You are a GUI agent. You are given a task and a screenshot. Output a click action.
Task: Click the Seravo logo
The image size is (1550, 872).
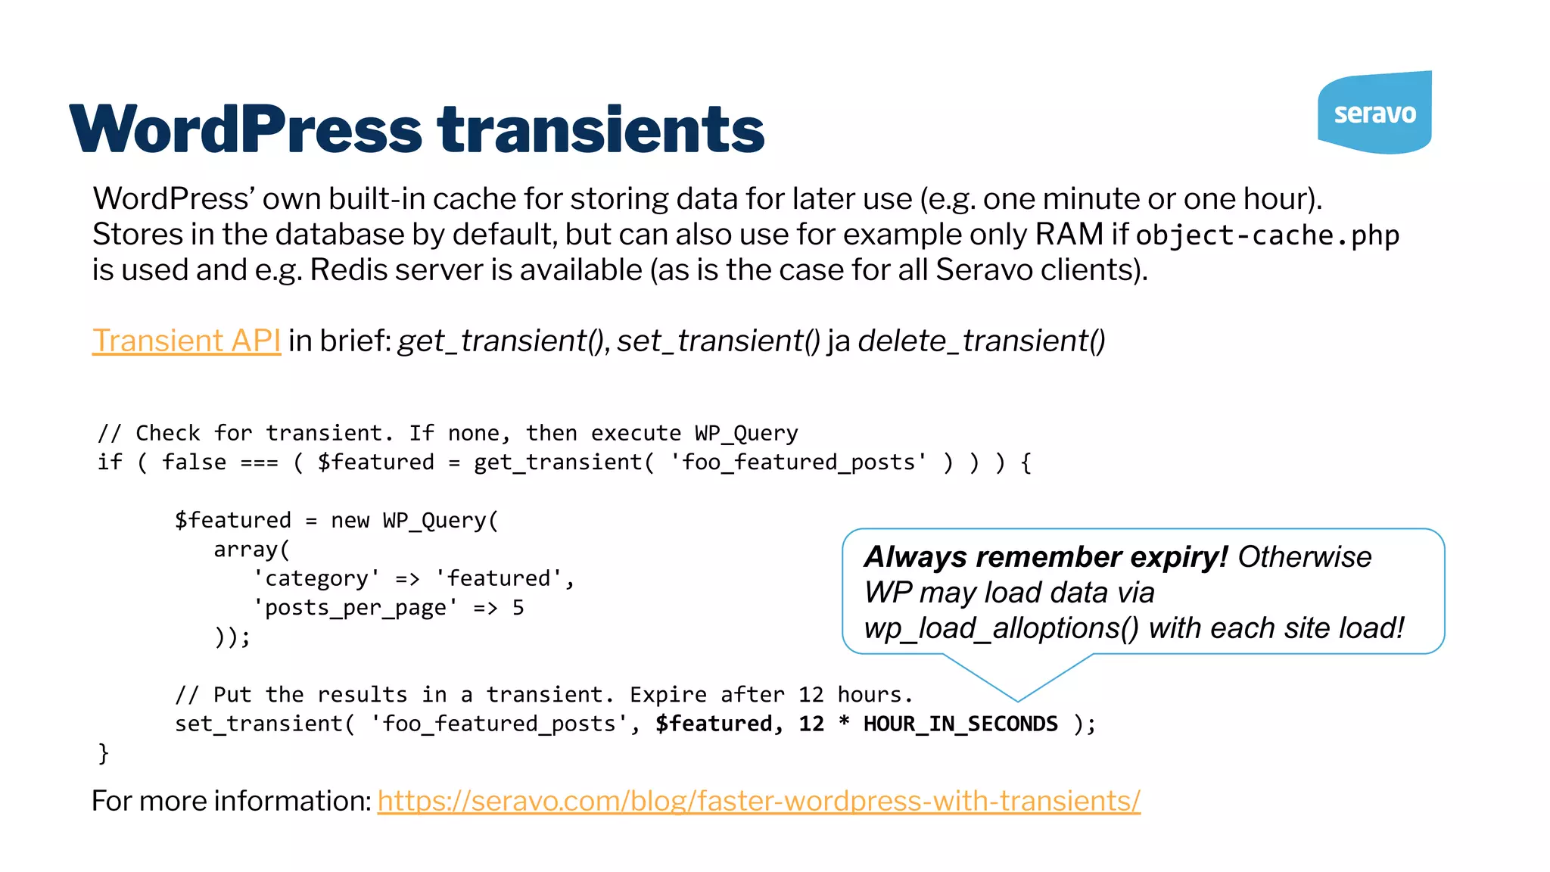[x=1374, y=113]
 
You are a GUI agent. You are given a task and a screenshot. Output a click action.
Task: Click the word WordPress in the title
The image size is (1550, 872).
[x=245, y=129]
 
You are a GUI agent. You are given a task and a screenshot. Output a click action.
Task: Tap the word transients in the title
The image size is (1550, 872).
[x=601, y=129]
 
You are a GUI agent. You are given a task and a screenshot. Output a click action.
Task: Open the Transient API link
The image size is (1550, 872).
[x=186, y=341]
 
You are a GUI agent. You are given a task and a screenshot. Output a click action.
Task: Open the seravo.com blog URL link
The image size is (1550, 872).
[x=758, y=801]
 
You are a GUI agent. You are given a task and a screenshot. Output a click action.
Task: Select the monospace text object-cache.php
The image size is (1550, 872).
[x=1267, y=235]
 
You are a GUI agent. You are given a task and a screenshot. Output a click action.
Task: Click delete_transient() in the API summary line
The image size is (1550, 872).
[x=981, y=341]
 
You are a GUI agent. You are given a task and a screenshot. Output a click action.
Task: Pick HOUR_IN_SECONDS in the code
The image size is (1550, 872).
[x=960, y=724]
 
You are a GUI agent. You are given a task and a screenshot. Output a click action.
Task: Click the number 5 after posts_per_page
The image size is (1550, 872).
[x=518, y=608]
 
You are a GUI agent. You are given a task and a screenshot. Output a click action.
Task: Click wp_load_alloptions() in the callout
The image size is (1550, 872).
[x=1001, y=628]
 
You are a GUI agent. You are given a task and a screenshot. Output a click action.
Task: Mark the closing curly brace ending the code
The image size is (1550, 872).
[x=104, y=753]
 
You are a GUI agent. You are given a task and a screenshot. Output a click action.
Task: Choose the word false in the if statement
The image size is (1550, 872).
[x=194, y=462]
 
